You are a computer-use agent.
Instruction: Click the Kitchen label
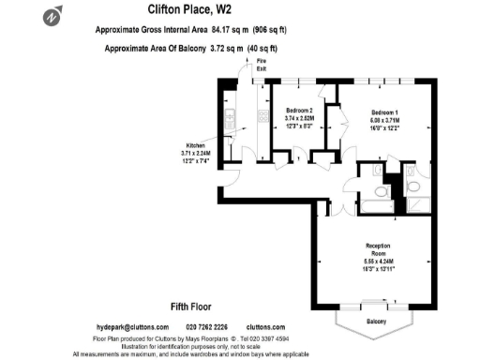coord(195,145)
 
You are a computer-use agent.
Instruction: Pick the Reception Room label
coord(378,250)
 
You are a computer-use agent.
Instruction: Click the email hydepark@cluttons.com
coord(130,326)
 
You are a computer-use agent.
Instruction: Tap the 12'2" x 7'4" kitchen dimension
coord(195,161)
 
